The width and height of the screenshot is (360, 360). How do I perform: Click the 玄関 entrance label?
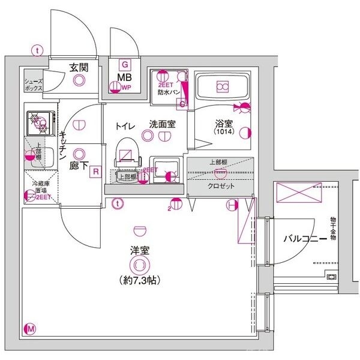tap(79, 67)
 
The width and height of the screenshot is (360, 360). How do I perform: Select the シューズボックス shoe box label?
tap(34, 84)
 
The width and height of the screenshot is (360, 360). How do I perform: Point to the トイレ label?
tap(125, 125)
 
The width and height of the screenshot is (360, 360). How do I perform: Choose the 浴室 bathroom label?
tap(224, 125)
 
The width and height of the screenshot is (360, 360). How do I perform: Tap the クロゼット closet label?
tap(221, 186)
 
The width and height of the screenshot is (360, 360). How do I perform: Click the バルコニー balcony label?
tap(305, 239)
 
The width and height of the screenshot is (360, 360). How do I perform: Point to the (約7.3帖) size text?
tap(139, 280)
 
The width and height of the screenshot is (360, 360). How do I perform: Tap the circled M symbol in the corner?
tap(31, 328)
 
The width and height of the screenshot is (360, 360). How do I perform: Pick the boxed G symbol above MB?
tap(125, 64)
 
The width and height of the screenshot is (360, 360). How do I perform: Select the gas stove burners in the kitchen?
tap(40, 122)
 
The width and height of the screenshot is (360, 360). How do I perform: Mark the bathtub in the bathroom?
tap(221, 88)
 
